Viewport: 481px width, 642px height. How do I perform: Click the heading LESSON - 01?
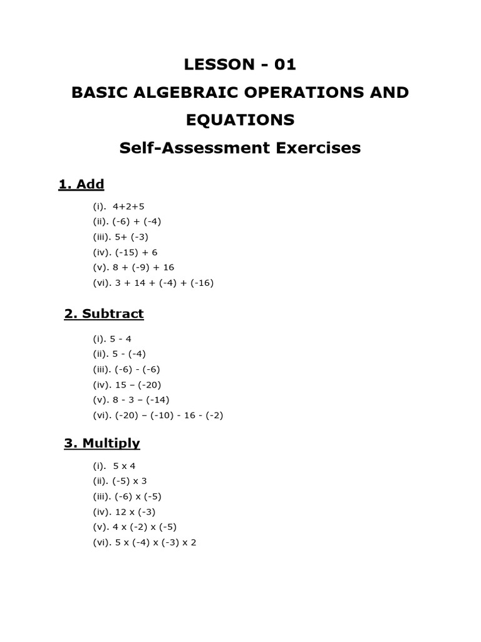pyautogui.click(x=240, y=64)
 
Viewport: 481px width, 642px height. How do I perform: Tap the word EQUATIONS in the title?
pyautogui.click(x=240, y=119)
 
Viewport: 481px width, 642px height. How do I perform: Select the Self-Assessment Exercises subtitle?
pyautogui.click(x=240, y=148)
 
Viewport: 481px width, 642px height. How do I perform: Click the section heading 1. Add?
pyautogui.click(x=81, y=184)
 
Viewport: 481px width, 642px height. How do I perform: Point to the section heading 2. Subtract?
pyautogui.click(x=104, y=313)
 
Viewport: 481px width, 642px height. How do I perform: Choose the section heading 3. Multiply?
pyautogui.click(x=102, y=443)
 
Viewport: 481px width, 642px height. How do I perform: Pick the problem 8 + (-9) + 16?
pyautogui.click(x=145, y=267)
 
